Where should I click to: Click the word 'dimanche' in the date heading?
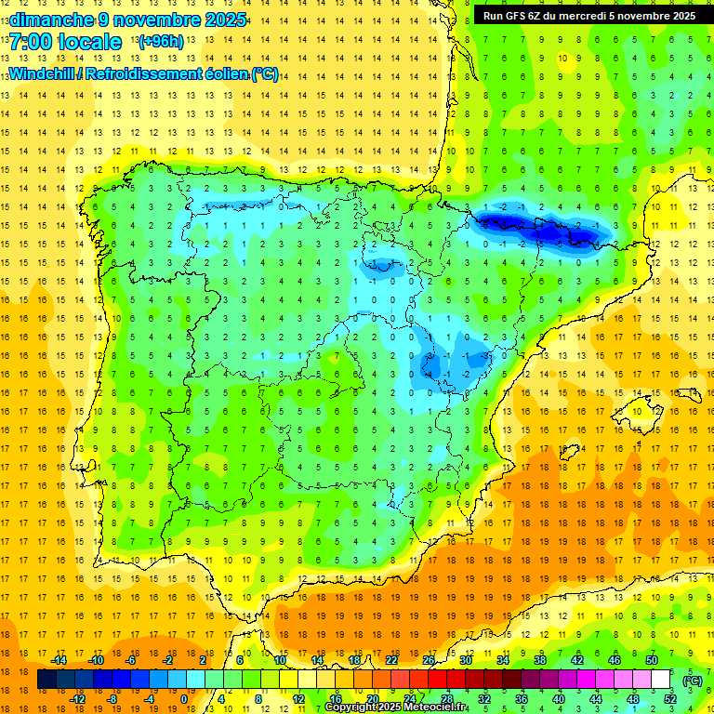(51, 20)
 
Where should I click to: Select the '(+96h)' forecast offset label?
(160, 42)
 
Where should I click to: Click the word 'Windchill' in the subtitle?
(44, 73)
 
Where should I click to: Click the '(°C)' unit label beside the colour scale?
(692, 681)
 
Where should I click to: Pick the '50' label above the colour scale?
(652, 660)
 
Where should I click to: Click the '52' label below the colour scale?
(669, 699)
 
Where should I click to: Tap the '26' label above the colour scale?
(429, 660)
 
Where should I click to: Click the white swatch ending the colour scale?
(661, 680)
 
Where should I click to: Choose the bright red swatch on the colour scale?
(438, 680)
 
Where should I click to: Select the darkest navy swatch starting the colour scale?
(47, 680)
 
